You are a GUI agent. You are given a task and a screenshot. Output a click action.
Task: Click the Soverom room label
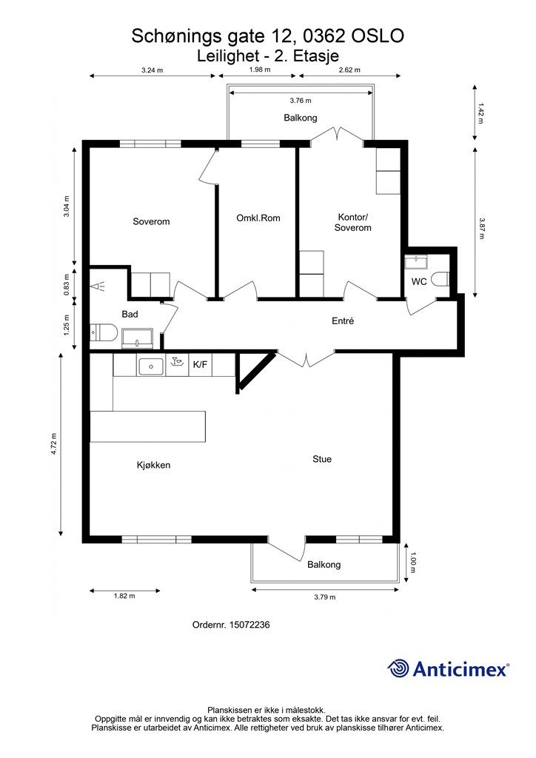(x=151, y=222)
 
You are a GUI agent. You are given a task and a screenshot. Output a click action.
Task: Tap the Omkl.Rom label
(x=258, y=218)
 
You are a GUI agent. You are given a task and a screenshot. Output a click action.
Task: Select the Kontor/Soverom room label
(x=353, y=222)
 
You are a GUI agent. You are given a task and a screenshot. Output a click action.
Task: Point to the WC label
(x=419, y=281)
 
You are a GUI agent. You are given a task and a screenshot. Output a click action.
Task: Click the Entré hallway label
(x=343, y=321)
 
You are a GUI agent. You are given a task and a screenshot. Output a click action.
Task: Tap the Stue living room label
(x=322, y=459)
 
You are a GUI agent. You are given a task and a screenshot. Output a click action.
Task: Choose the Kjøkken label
(x=154, y=465)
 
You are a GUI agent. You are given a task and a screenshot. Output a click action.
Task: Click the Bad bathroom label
(x=130, y=314)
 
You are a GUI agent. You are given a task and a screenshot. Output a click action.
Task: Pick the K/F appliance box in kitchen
(x=200, y=365)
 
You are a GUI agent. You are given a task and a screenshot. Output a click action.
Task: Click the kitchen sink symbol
(x=151, y=366)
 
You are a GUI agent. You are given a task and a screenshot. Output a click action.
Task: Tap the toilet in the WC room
(x=440, y=279)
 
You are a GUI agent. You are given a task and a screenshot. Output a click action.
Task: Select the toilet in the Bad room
(x=104, y=332)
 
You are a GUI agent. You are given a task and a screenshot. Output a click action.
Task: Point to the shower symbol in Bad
(x=100, y=286)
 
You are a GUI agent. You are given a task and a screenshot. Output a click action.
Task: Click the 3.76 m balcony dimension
(x=301, y=101)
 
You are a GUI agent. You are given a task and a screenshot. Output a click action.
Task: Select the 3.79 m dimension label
(x=325, y=597)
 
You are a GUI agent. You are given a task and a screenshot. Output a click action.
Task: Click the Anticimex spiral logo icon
(x=398, y=668)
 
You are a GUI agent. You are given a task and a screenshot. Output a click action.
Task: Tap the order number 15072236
(x=249, y=625)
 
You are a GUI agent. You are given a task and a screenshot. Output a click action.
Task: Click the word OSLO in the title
(x=378, y=36)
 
